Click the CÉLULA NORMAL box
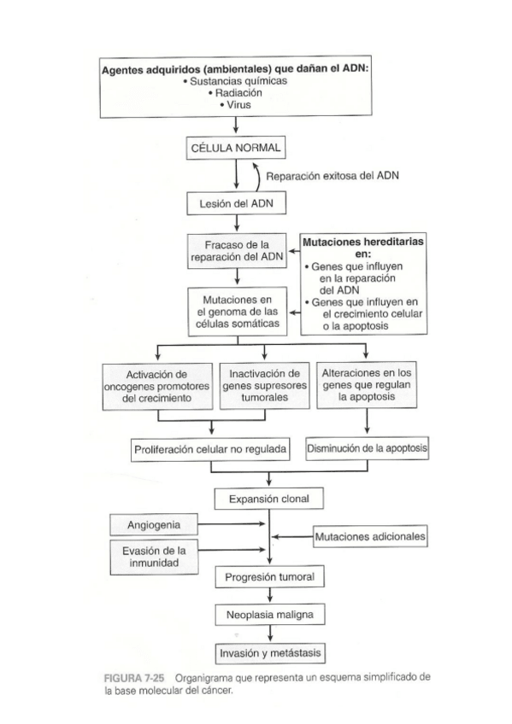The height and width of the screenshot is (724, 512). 236,149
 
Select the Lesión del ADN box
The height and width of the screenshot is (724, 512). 236,205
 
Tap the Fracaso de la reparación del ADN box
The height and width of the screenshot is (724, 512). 236,250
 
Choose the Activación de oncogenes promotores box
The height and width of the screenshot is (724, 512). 157,386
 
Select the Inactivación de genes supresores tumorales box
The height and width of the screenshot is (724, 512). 263,386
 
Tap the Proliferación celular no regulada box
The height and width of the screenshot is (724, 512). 210,448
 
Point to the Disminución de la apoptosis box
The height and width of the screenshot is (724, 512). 367,447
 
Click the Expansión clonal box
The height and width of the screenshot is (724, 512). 269,498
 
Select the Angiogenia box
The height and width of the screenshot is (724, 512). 153,523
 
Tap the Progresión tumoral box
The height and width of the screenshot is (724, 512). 269,577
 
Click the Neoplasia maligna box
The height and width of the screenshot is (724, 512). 269,615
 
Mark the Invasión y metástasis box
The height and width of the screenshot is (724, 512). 269,653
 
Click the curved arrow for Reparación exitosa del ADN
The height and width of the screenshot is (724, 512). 256,177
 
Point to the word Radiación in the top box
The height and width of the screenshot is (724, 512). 238,92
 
